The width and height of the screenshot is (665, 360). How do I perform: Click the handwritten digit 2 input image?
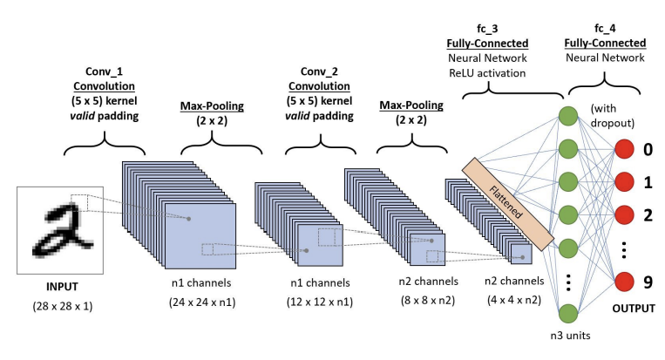tap(60, 230)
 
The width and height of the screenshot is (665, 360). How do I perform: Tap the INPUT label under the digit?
tap(62, 287)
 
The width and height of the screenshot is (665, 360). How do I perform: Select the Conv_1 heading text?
tap(104, 71)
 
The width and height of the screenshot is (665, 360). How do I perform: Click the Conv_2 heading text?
tap(319, 71)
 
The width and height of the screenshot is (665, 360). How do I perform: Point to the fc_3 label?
tap(487, 29)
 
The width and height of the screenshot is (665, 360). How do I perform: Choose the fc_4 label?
tap(605, 29)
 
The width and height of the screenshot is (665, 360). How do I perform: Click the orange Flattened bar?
tap(507, 204)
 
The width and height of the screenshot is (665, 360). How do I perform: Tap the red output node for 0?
tap(624, 149)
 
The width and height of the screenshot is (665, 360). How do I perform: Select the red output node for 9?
tap(624, 282)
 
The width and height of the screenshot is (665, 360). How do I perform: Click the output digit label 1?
tap(648, 182)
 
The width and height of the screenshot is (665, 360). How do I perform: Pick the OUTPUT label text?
tap(634, 309)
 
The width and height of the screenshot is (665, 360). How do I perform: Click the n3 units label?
tap(570, 336)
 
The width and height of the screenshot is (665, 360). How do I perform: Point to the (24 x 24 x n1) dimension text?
tap(202, 302)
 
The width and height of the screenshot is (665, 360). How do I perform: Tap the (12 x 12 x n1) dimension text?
tap(320, 302)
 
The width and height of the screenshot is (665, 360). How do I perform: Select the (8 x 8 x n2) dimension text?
tap(428, 300)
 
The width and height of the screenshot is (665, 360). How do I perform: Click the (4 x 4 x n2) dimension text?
tap(514, 300)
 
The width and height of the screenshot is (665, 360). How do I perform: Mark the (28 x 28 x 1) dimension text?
tap(63, 306)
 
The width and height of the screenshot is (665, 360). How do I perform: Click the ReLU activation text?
tap(487, 73)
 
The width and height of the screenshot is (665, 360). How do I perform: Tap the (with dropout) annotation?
tap(612, 116)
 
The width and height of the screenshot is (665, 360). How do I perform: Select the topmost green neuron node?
tap(568, 116)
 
